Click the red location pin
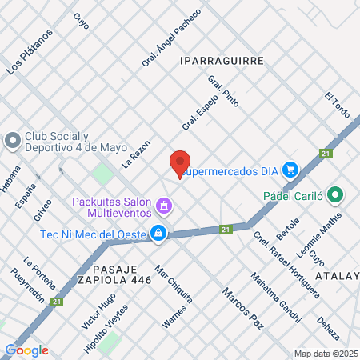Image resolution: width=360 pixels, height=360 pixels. pyautogui.click(x=181, y=163)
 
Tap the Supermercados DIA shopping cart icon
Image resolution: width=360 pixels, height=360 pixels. pyautogui.click(x=290, y=170)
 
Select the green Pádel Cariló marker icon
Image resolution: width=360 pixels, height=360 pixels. pyautogui.click(x=335, y=194)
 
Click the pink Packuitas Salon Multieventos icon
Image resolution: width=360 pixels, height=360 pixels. pyautogui.click(x=164, y=206)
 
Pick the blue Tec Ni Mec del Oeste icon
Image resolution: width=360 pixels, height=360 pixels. pyautogui.click(x=159, y=233)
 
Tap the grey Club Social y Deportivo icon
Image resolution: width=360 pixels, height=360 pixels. pyautogui.click(x=12, y=141)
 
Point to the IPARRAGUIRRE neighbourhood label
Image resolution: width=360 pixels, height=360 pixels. pyautogui.click(x=221, y=60)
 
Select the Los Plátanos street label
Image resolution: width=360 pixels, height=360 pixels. pyautogui.click(x=30, y=52)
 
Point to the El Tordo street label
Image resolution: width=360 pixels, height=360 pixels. pyautogui.click(x=338, y=106)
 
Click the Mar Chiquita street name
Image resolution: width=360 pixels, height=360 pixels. pyautogui.click(x=173, y=284)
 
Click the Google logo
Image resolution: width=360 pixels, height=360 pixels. pyautogui.click(x=26, y=350)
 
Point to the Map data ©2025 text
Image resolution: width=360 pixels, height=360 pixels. pyautogui.click(x=326, y=354)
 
